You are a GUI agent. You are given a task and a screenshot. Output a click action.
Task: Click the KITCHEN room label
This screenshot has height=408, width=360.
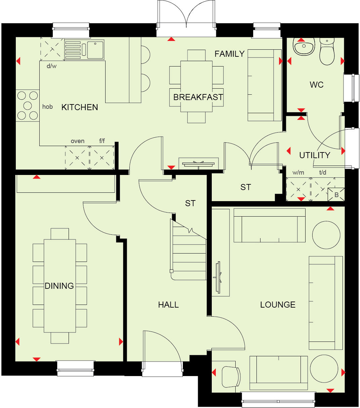(80, 107)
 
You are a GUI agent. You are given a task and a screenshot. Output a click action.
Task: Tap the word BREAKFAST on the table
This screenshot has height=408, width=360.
(198, 97)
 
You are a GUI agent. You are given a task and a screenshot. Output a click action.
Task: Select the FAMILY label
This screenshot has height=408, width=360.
(229, 54)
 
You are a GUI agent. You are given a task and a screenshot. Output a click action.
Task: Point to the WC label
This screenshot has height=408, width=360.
(316, 85)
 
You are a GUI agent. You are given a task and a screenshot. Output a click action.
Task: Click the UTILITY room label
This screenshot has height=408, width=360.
(315, 155)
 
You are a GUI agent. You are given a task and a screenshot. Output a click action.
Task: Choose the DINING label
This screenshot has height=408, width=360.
(59, 286)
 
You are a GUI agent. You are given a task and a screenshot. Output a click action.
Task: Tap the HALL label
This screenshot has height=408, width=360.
(168, 305)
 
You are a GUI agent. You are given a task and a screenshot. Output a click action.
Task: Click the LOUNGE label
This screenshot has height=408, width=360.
(278, 305)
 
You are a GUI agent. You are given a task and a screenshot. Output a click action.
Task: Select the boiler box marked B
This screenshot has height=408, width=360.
(336, 195)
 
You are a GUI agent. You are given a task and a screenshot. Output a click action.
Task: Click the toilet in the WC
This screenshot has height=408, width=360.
(327, 52)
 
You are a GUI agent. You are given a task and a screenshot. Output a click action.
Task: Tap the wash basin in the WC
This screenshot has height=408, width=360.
(304, 46)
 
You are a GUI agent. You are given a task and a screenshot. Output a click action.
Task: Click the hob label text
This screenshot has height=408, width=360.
(47, 107)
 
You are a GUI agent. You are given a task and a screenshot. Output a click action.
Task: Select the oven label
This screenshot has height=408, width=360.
(78, 141)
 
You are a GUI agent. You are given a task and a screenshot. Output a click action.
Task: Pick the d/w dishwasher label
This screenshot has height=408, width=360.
(51, 66)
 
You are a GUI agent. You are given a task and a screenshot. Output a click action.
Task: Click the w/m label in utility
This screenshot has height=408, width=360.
(298, 173)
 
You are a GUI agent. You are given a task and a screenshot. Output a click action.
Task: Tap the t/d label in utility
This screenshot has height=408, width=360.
(322, 173)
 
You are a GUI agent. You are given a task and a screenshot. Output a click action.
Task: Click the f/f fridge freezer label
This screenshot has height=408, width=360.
(102, 141)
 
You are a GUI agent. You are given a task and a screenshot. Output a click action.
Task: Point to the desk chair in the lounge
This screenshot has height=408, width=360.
(231, 377)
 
